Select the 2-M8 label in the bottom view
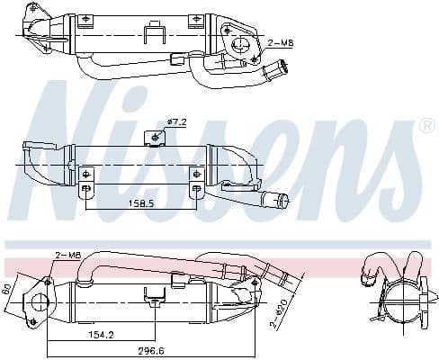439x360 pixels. point(67,256)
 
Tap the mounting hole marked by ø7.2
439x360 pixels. point(157,136)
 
